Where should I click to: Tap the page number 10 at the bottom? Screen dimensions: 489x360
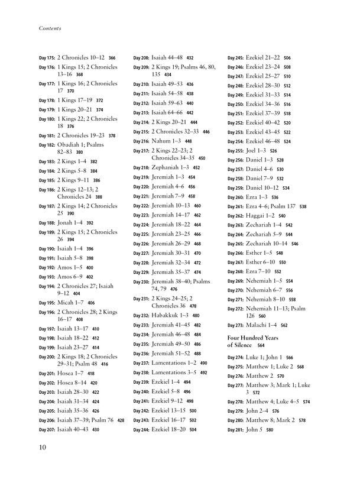pos(44,448)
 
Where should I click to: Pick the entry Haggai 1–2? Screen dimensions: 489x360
pos(263,216)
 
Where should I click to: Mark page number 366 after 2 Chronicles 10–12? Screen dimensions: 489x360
pos(112,59)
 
